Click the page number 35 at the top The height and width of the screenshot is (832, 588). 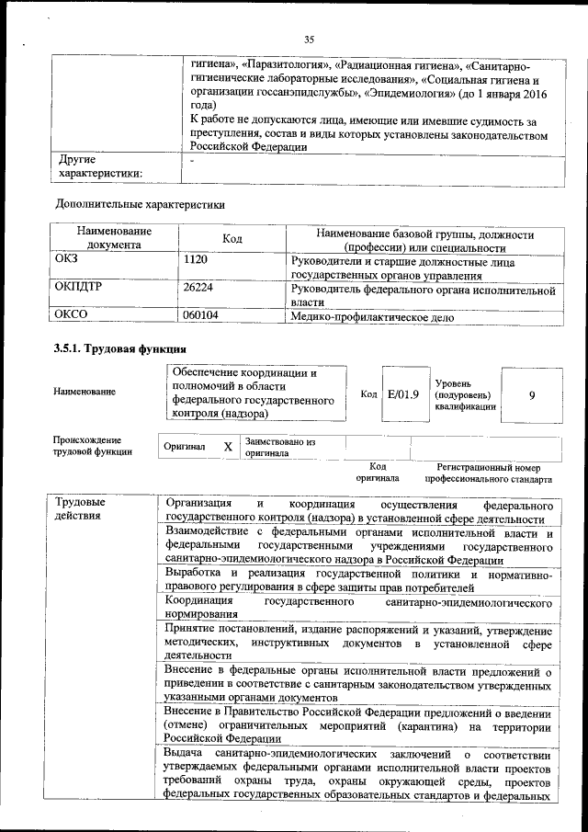309,39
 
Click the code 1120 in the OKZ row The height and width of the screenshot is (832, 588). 197,261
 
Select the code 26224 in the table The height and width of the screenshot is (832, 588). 199,289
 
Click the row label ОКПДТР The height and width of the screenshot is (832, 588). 85,289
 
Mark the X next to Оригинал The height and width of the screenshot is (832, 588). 228,446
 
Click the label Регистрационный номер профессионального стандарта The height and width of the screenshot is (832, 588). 488,473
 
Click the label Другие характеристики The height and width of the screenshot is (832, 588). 99,166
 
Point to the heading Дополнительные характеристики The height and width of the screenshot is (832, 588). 140,203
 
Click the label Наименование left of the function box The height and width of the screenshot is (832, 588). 85,393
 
